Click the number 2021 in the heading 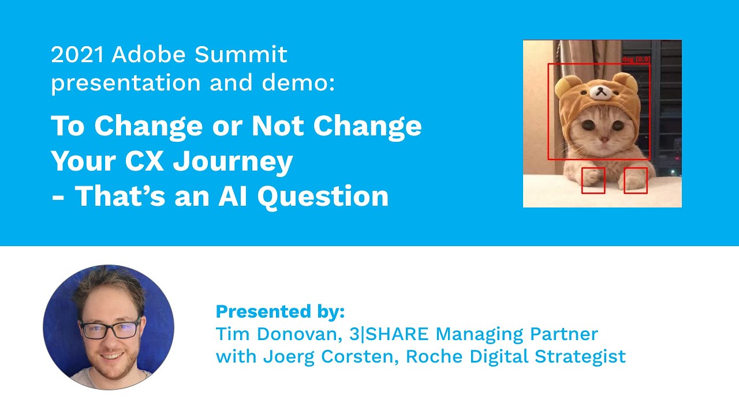[78, 55]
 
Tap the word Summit [241, 55]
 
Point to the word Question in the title [323, 197]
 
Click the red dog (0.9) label [636, 59]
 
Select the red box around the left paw [593, 180]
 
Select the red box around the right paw [636, 180]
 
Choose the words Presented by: [280, 312]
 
